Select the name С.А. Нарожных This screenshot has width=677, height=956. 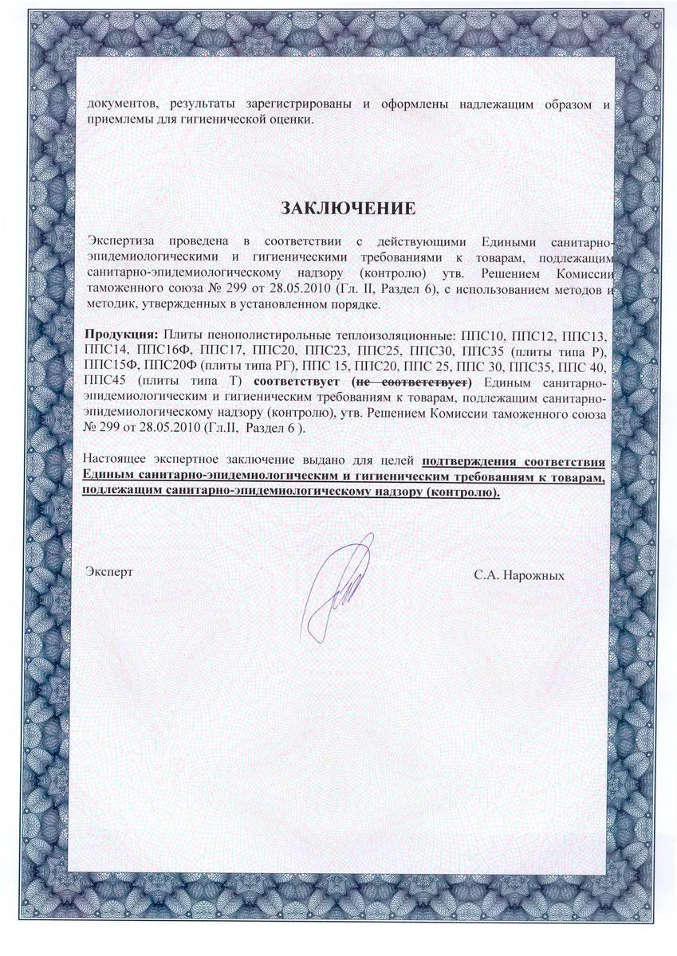(518, 574)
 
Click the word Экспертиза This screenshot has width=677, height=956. (121, 242)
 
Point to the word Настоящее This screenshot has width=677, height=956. (118, 460)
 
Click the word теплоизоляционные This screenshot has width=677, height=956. (373, 333)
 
